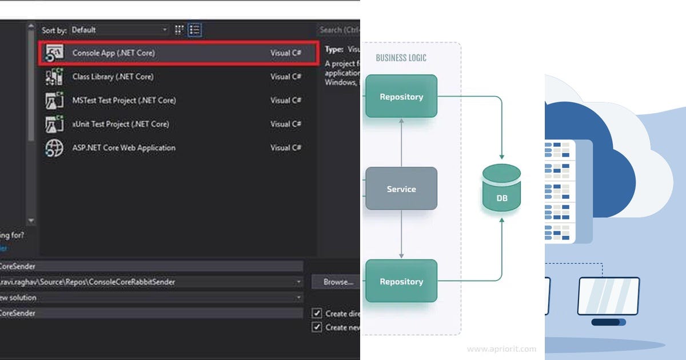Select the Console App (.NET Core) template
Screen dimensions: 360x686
pos(113,53)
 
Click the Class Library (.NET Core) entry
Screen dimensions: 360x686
pos(113,77)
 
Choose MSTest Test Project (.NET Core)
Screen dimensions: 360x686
pos(124,101)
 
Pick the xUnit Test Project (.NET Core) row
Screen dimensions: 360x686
pos(121,124)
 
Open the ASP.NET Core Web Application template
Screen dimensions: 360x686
pos(123,148)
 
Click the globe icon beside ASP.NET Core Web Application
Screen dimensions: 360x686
pos(54,148)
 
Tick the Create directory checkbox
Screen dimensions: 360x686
pos(317,313)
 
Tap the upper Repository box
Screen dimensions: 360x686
pos(401,97)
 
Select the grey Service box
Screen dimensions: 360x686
pos(401,189)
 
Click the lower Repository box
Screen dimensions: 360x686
pos(401,281)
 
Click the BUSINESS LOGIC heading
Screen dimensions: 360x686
pos(401,58)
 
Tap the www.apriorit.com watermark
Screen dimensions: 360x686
pos(501,349)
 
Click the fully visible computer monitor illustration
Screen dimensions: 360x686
pos(608,297)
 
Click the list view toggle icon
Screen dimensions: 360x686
pos(195,30)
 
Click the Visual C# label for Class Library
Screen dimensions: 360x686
pos(286,77)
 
